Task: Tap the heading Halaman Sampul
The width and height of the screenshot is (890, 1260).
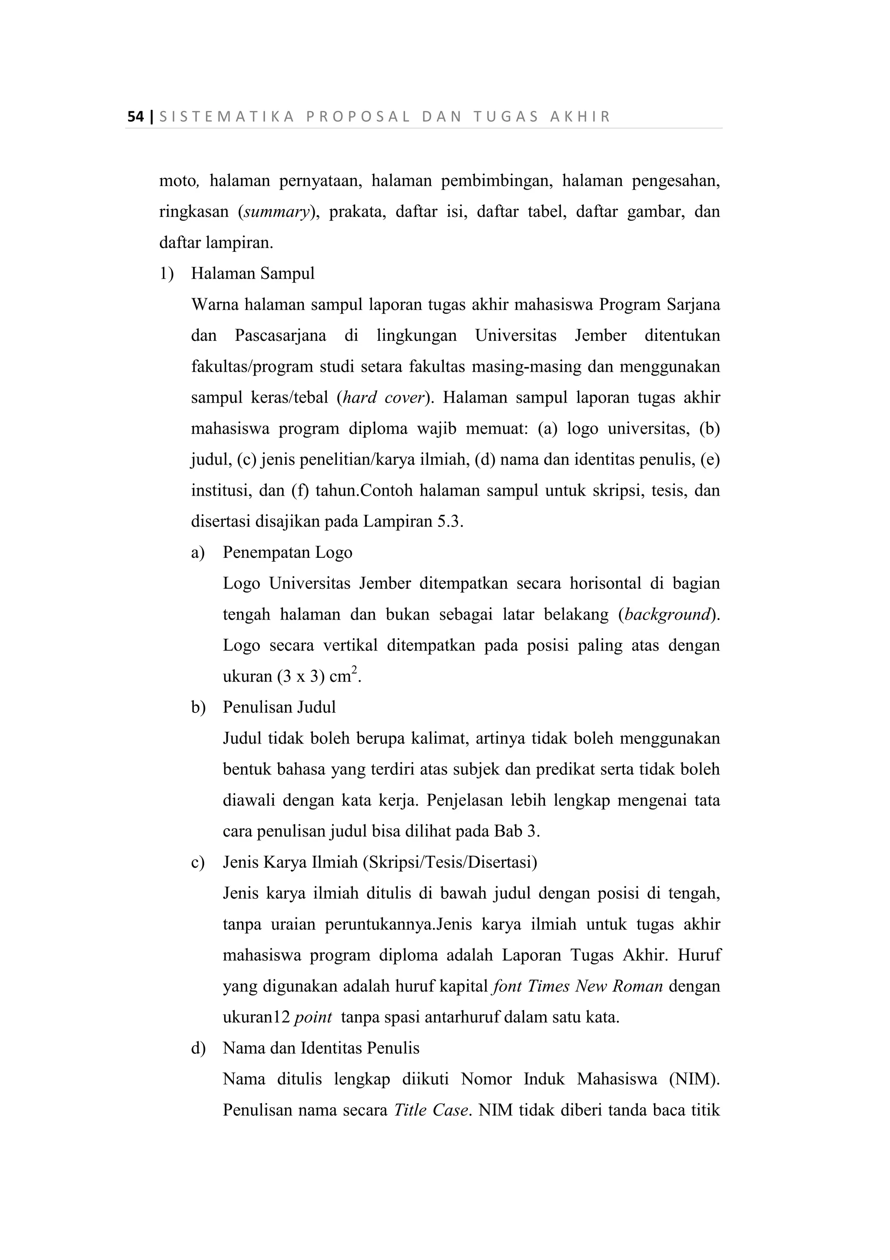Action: [253, 273]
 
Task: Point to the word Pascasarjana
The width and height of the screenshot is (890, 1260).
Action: [280, 335]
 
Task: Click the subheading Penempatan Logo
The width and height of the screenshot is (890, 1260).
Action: [287, 552]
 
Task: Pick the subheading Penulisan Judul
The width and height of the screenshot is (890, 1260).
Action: [279, 707]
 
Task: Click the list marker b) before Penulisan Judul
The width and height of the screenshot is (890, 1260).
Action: [198, 707]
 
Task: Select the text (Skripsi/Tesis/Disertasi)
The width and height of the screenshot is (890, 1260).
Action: [450, 862]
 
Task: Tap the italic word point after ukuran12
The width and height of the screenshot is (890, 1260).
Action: [313, 1017]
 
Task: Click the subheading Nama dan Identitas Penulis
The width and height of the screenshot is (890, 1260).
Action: [321, 1048]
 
